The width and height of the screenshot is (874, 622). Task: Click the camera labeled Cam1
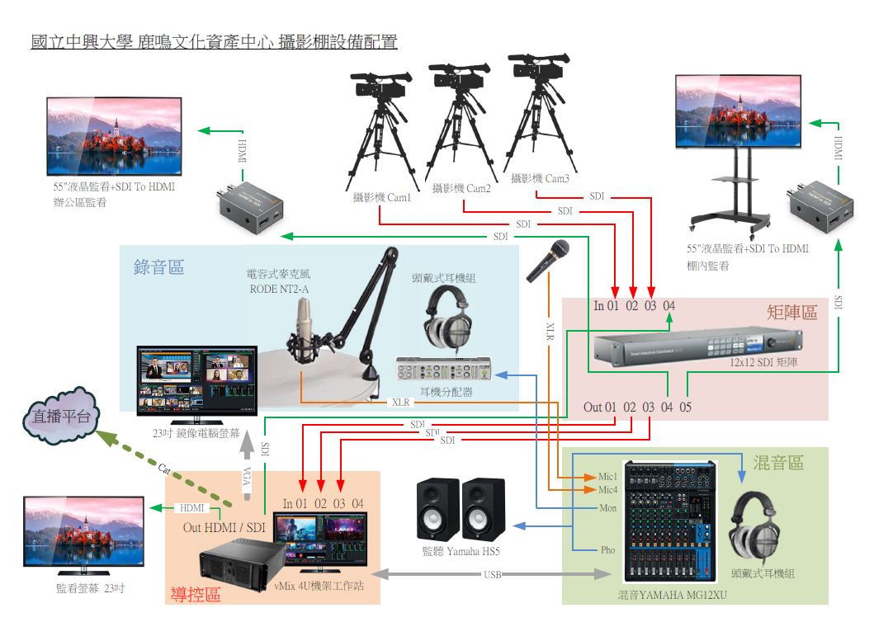tap(380, 87)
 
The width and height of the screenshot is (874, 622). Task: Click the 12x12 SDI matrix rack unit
tap(697, 346)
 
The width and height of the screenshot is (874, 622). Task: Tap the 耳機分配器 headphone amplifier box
tap(446, 367)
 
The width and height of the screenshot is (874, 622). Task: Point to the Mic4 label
tap(607, 491)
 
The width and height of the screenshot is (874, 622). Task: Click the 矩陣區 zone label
tap(791, 312)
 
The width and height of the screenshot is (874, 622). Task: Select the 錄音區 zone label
tap(158, 267)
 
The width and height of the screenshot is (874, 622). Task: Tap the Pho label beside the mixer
tap(607, 550)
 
